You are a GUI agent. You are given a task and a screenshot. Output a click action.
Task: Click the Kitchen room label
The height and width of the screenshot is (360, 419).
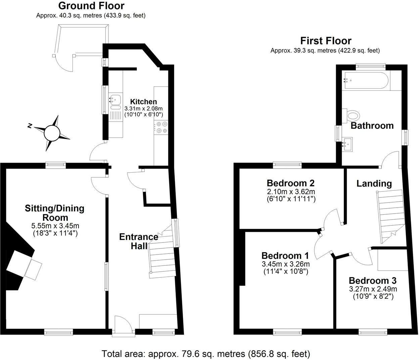[143, 101]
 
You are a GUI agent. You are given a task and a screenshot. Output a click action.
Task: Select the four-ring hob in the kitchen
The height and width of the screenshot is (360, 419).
[161, 127]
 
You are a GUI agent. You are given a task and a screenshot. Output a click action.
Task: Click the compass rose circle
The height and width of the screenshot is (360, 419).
[52, 133]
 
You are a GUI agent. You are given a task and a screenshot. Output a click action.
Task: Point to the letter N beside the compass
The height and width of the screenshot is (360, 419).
[30, 126]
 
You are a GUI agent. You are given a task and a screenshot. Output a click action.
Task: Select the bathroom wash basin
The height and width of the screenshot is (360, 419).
[347, 144]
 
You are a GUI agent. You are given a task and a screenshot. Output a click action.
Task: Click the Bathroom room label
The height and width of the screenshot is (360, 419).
[372, 126]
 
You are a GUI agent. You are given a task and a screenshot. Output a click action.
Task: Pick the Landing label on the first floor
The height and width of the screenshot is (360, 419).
[374, 184]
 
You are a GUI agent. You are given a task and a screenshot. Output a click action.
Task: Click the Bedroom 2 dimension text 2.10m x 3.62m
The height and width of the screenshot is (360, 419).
[291, 191]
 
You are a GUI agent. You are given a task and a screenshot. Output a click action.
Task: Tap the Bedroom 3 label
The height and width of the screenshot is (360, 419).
[373, 281]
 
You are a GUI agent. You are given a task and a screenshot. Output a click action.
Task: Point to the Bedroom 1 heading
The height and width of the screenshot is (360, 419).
[285, 256]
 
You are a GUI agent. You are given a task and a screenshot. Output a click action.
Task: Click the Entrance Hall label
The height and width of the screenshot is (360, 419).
[139, 241]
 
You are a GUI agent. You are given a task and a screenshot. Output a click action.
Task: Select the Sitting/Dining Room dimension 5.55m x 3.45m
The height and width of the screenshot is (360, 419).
[55, 226]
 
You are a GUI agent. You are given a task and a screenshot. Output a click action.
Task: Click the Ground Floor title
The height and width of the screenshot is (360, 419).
[91, 6]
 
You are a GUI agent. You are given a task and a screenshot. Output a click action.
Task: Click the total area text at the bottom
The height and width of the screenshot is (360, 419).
[206, 354]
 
